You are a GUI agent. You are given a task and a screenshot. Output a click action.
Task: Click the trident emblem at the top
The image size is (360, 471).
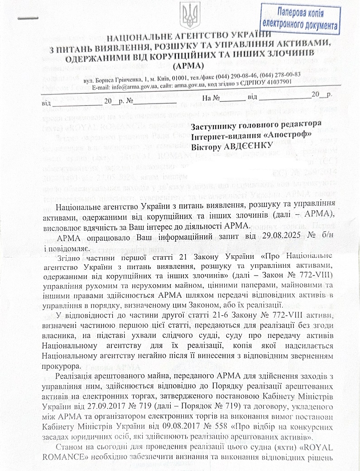[x=187, y=15]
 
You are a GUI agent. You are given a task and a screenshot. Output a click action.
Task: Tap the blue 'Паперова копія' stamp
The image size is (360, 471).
[x=299, y=18]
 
